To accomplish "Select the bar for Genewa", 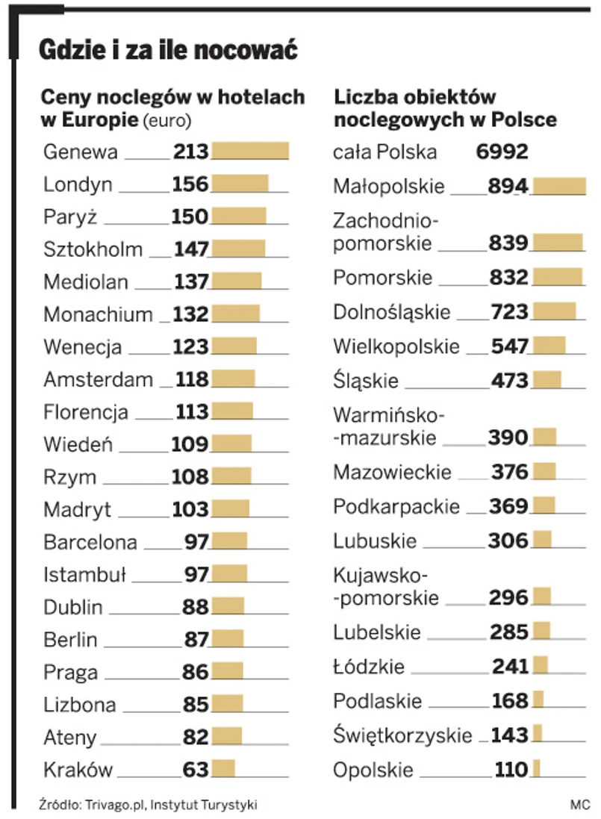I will click(250, 152).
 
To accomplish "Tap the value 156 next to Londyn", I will click(190, 184).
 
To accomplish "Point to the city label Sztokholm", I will click(93, 249).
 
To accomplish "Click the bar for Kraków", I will click(223, 769).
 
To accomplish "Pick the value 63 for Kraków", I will click(196, 769).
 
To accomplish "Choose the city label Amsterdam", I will click(98, 379).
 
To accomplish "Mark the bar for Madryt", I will click(230, 509).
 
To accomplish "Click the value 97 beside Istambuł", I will click(196, 574).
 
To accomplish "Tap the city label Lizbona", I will click(80, 705).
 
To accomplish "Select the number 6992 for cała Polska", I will click(502, 152).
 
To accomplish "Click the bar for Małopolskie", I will click(558, 187).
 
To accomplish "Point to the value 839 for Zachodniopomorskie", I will click(508, 243).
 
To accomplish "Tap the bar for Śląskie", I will click(546, 380).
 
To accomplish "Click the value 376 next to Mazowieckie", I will click(510, 472).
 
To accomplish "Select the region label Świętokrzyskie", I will click(402, 735).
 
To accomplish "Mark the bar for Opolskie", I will click(536, 769).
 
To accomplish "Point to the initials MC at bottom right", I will click(579, 805).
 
